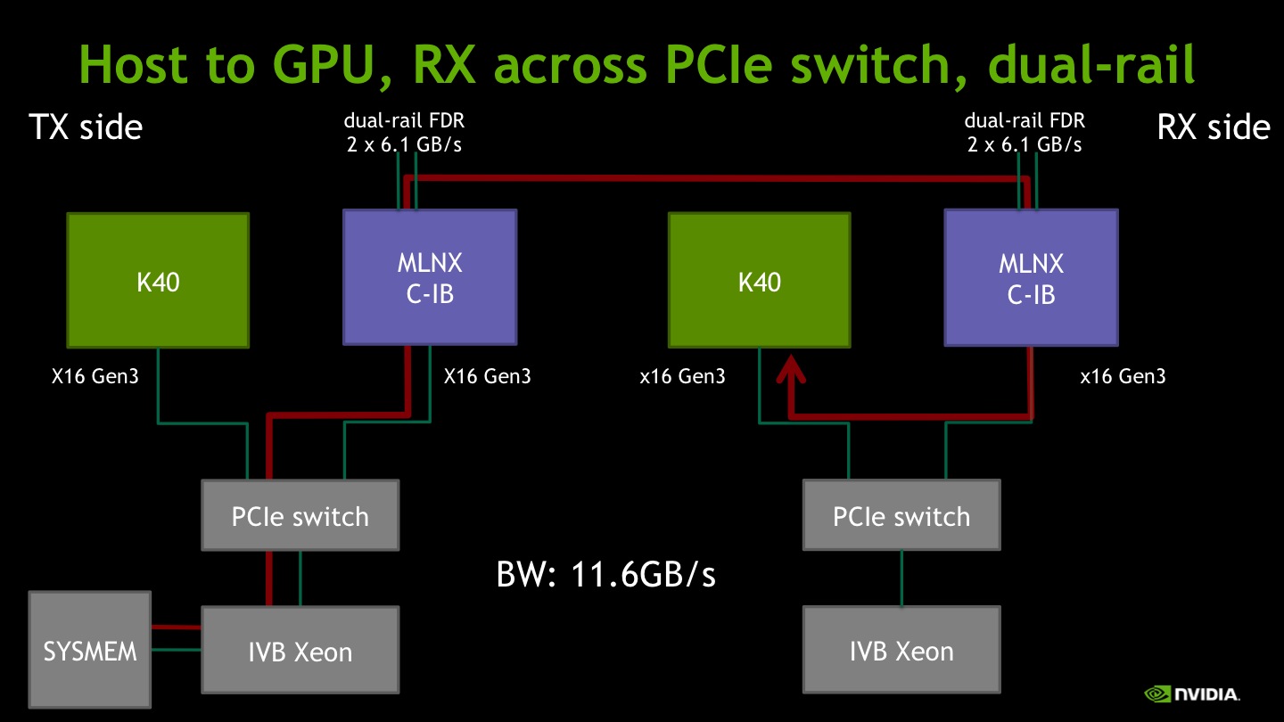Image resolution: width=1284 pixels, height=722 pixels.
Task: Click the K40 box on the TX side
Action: (158, 280)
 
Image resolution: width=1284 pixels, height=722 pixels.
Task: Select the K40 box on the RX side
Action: (760, 280)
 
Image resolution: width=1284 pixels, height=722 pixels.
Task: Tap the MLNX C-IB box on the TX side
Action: (430, 277)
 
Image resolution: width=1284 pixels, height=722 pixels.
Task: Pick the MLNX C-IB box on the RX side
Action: (1031, 278)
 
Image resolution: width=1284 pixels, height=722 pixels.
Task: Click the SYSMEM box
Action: (90, 650)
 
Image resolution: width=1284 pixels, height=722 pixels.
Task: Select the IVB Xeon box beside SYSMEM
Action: (300, 650)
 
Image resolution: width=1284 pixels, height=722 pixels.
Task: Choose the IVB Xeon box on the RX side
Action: (901, 650)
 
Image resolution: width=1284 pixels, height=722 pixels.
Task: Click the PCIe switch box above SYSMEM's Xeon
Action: (300, 515)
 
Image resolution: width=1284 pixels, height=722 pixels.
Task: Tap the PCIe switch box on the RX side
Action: (901, 515)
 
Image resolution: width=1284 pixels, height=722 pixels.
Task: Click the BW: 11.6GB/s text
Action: (606, 574)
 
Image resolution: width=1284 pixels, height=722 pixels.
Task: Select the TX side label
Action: (86, 127)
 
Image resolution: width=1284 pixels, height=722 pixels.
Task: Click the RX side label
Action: (1214, 127)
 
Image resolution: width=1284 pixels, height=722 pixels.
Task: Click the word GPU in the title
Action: (324, 65)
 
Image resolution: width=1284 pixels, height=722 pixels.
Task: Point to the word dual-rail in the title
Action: (1091, 63)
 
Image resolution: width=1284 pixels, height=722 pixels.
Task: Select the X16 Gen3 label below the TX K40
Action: (95, 376)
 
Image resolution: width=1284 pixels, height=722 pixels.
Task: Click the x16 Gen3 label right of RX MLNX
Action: (1123, 376)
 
